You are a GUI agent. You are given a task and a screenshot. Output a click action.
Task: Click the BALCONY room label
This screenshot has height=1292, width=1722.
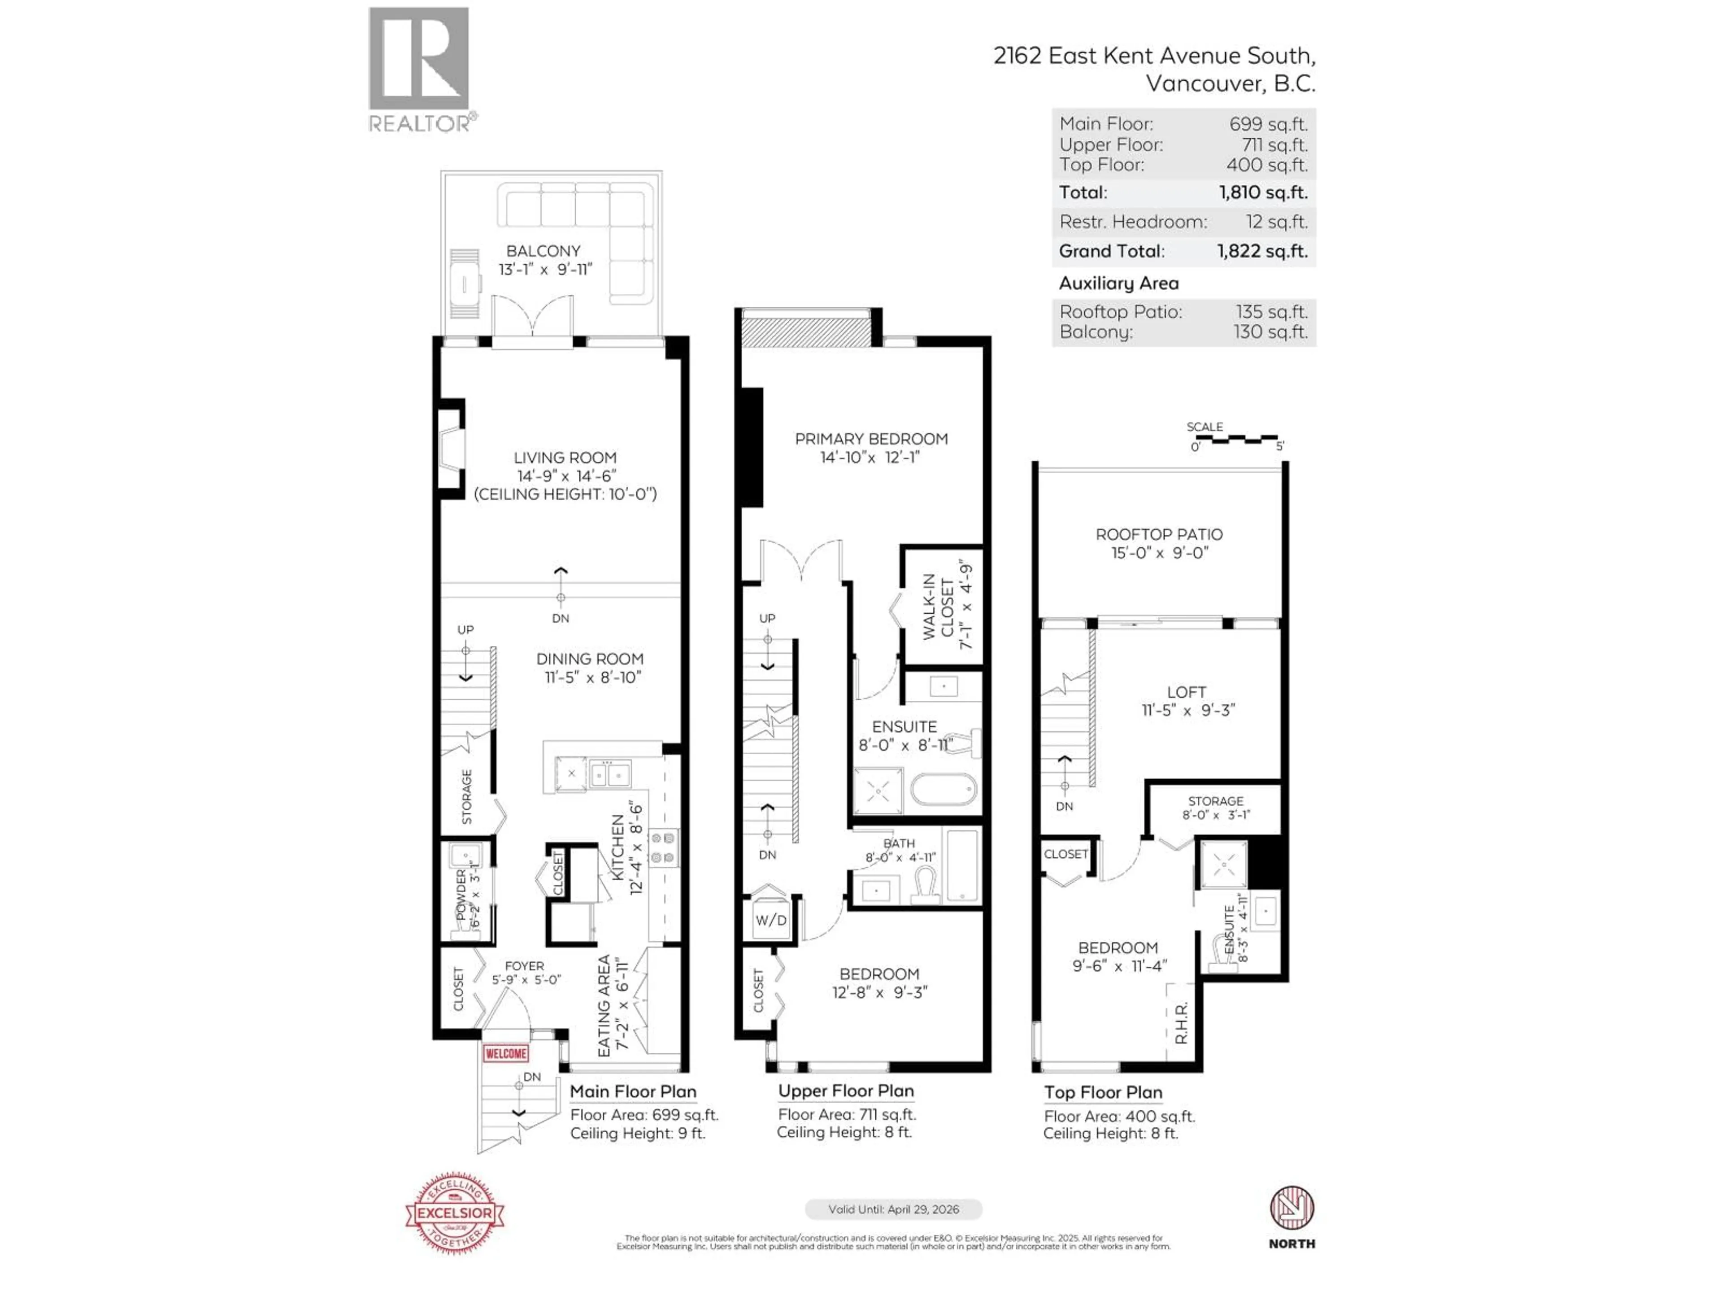(544, 251)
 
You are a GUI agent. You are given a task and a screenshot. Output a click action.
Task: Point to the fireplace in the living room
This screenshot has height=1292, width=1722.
(451, 450)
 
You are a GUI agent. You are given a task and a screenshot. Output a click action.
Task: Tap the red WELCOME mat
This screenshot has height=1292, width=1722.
(506, 1053)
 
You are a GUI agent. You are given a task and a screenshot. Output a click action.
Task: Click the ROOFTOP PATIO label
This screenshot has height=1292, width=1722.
(1159, 534)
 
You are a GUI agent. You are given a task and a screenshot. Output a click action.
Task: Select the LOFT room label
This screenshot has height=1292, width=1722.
(1187, 692)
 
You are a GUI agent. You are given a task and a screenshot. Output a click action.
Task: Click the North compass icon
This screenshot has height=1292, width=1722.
(1291, 1208)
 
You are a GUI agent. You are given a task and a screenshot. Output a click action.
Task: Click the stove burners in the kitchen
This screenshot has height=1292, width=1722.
(663, 848)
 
